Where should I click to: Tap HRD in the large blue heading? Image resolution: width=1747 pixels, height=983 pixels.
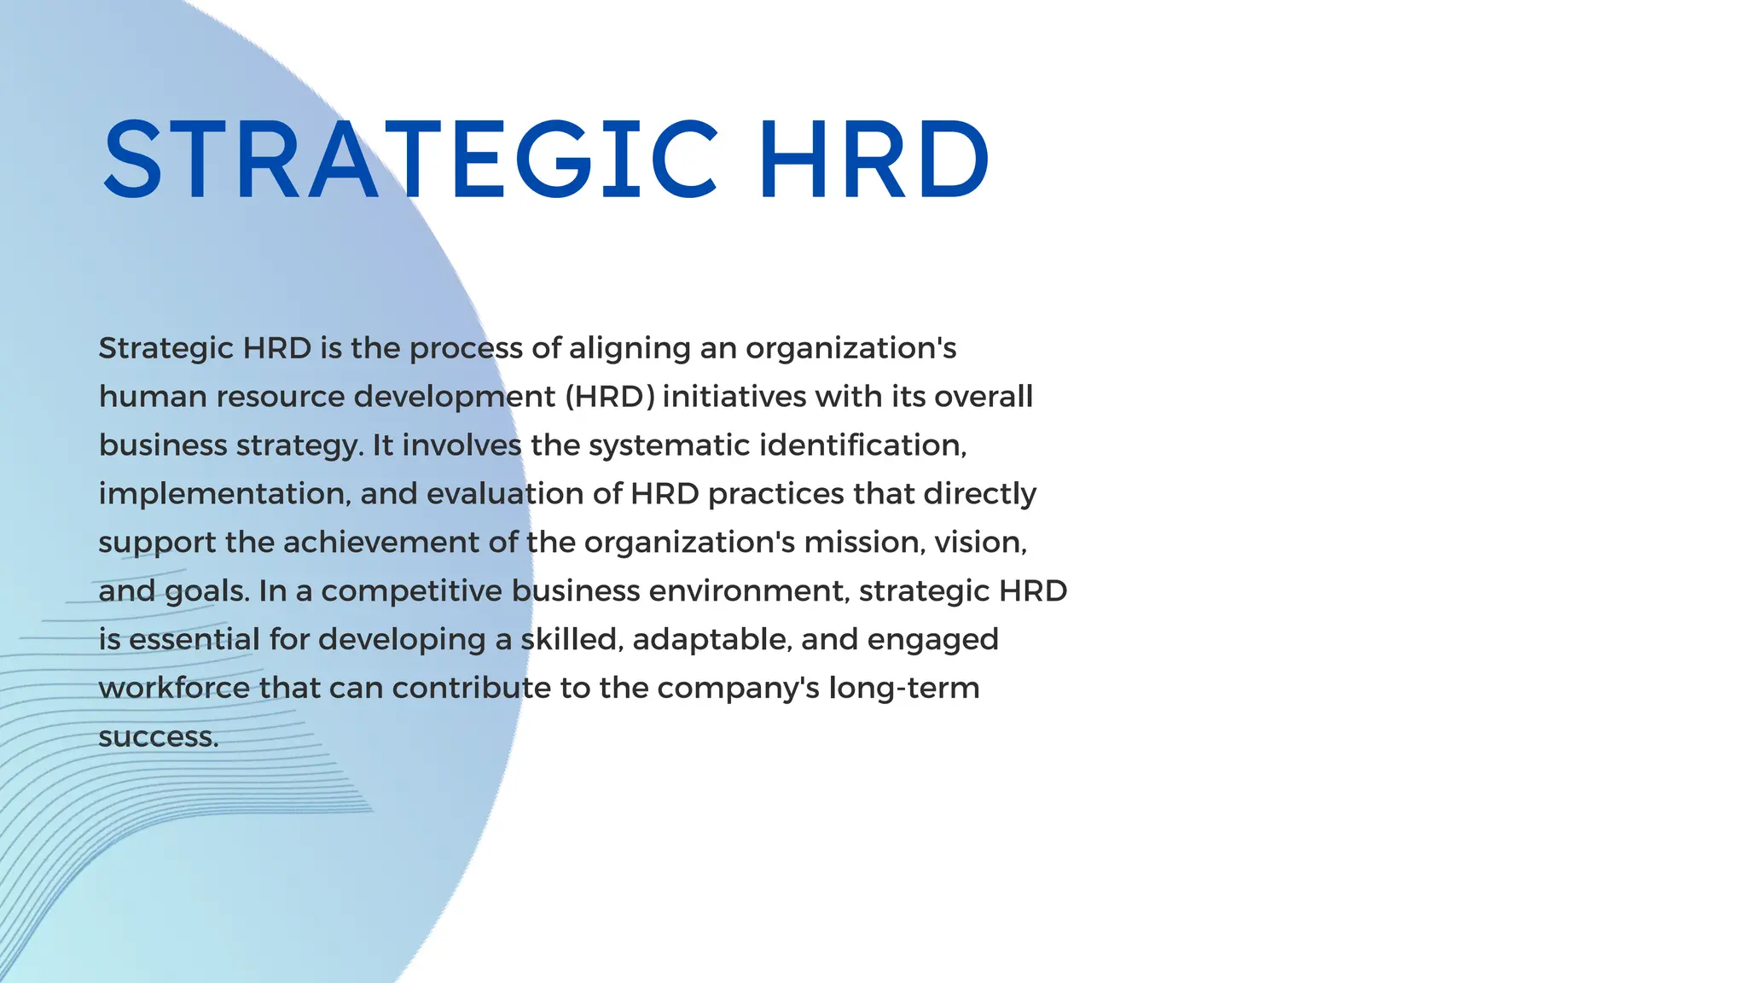coord(874,160)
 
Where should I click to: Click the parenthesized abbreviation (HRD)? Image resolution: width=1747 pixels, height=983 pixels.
coord(610,397)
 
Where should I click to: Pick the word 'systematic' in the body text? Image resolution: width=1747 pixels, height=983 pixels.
coord(670,445)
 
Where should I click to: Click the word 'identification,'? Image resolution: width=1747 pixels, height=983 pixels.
coord(862,445)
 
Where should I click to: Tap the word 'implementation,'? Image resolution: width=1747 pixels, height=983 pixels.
coord(224,494)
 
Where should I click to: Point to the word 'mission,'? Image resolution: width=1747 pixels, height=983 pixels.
coord(865,543)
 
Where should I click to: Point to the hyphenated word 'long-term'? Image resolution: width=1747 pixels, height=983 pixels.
coord(904,689)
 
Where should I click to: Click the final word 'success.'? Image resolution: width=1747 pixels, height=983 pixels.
coord(159,737)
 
